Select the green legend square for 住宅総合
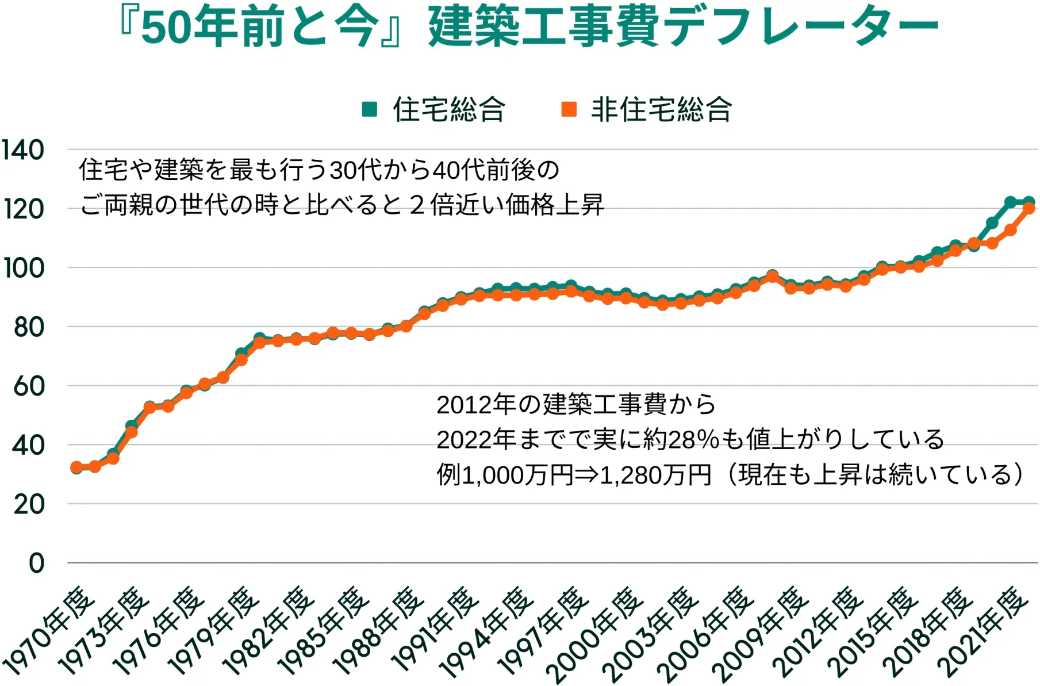[370, 109]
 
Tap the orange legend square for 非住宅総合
[569, 109]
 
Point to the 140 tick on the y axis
[23, 151]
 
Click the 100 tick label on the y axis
[24, 269]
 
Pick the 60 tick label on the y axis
[29, 386]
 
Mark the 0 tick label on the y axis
[36, 564]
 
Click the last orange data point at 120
[1029, 209]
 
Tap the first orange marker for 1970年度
[76, 467]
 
